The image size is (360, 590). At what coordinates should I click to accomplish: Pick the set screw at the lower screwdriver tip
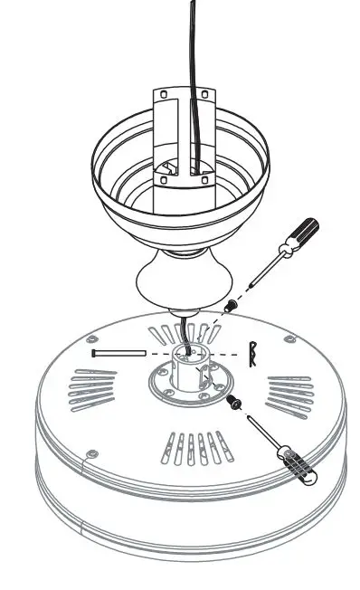tap(238, 401)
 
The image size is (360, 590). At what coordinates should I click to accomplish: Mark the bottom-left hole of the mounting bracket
tap(164, 180)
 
